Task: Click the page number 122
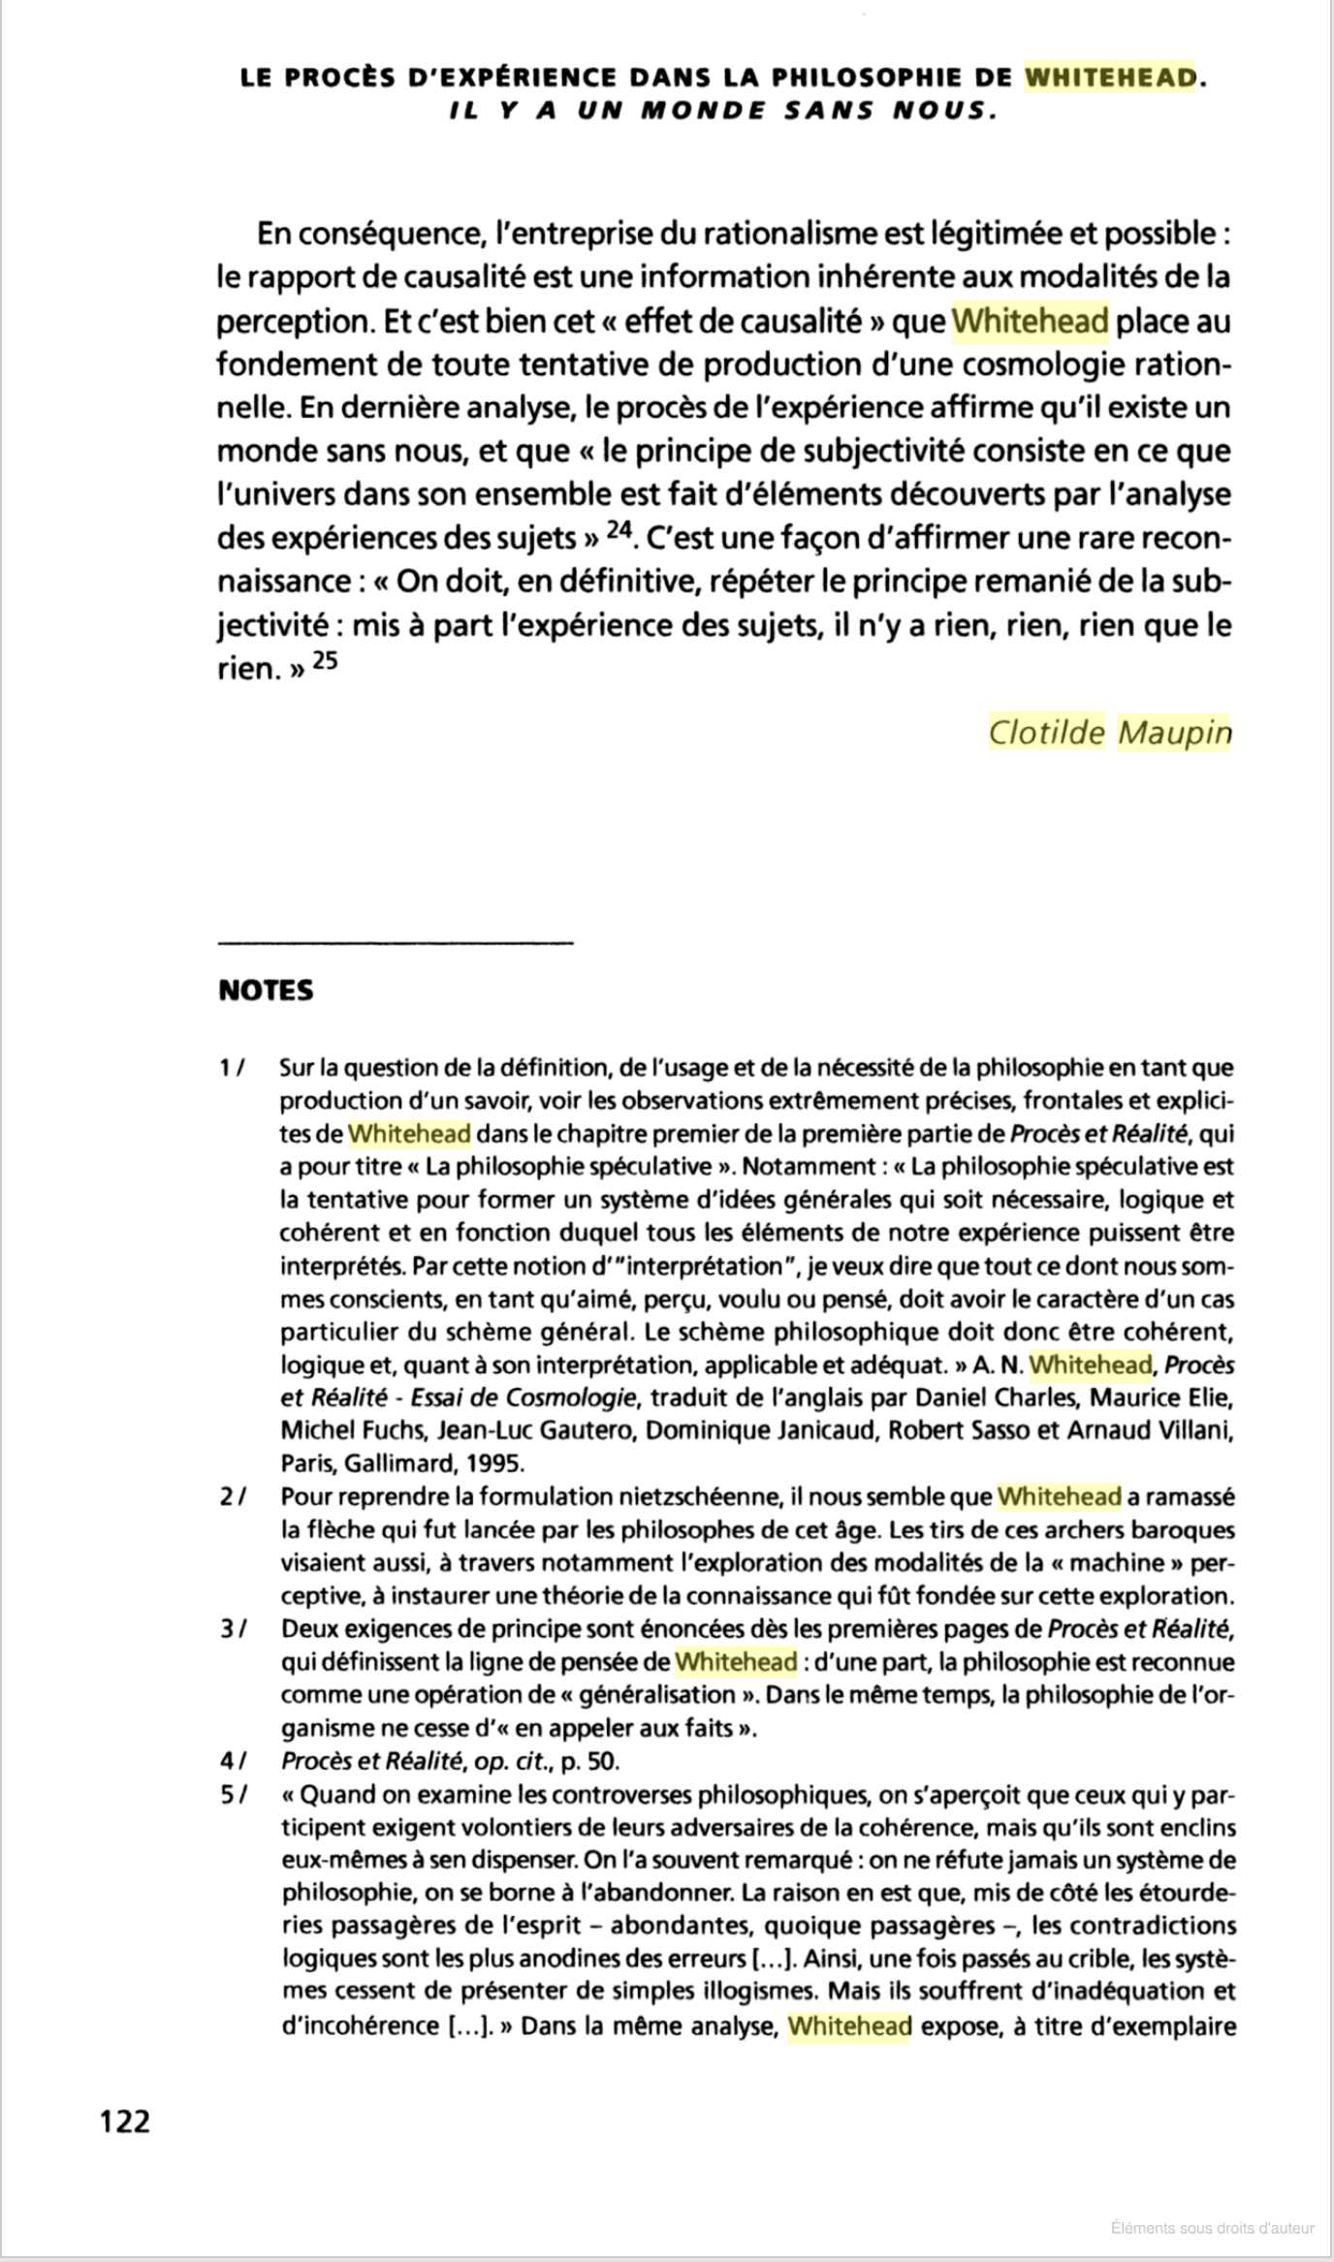tap(126, 2121)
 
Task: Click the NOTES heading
tap(266, 991)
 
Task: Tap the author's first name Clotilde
tap(1046, 733)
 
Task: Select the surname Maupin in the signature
tap(1173, 733)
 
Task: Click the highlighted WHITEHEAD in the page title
tap(1110, 78)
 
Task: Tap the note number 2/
tap(233, 1496)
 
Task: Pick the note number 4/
tap(233, 1760)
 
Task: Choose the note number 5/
tap(233, 1794)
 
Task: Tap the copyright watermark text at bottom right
tap(1212, 2228)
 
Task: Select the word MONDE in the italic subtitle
tap(700, 110)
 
